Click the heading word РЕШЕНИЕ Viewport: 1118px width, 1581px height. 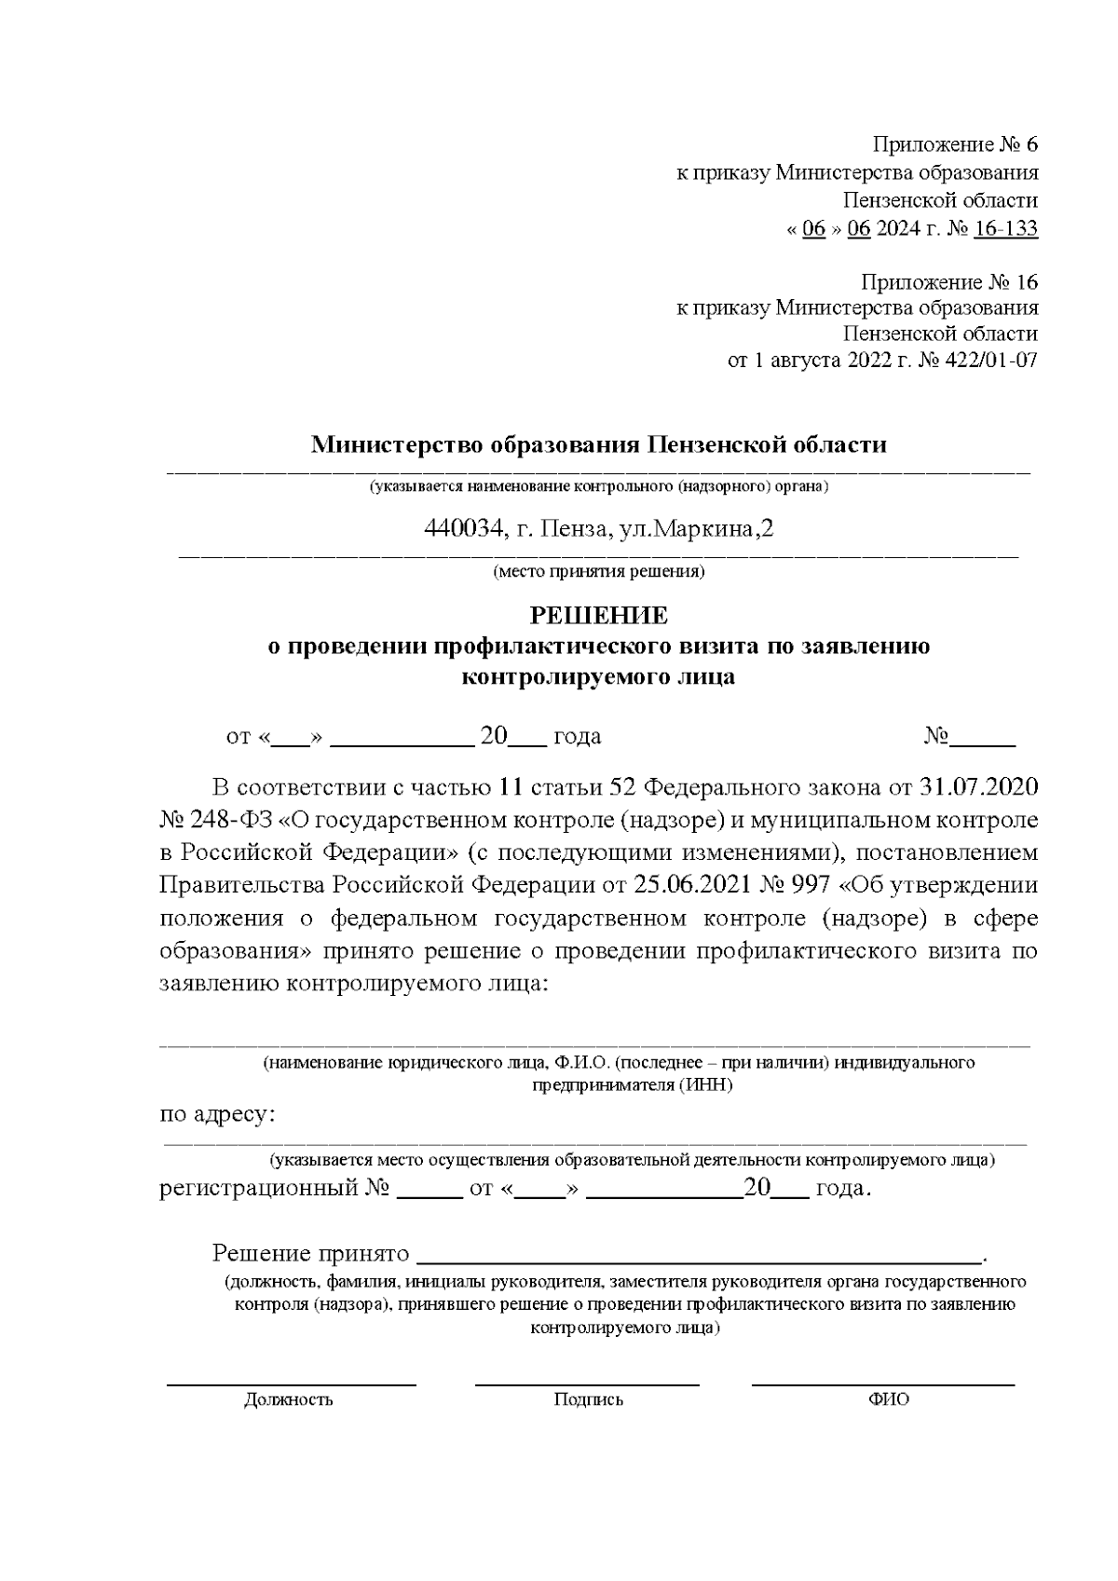[x=598, y=616]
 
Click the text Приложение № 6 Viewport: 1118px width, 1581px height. [x=954, y=144]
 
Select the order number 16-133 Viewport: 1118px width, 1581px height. [x=1004, y=228]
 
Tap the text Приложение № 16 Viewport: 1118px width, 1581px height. [x=948, y=281]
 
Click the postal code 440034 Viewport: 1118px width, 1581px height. [x=462, y=529]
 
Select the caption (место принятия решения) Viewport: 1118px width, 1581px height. [x=598, y=571]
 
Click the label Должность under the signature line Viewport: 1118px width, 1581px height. [x=288, y=1399]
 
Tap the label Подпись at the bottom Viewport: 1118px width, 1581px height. [x=588, y=1399]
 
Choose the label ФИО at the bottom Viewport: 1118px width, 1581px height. [x=888, y=1399]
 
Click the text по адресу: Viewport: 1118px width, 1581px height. [x=218, y=1114]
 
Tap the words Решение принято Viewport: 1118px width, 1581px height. [x=311, y=1253]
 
